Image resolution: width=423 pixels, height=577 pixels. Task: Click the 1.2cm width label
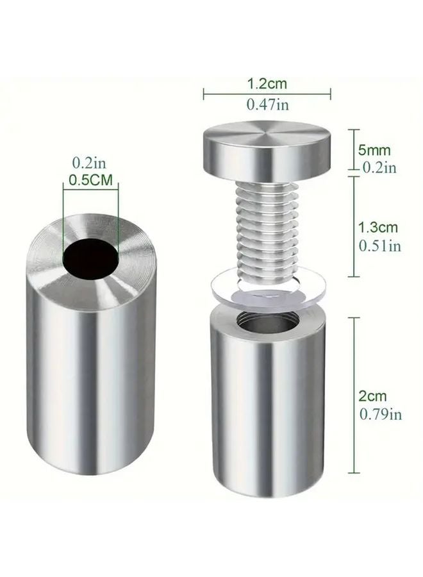tap(267, 83)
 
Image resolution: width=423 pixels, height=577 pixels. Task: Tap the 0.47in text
tap(267, 105)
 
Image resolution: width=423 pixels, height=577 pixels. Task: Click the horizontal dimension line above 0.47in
tap(267, 94)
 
